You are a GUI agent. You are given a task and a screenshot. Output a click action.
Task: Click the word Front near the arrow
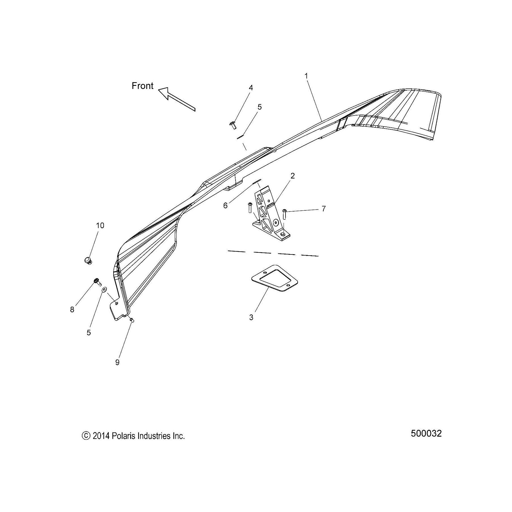pyautogui.click(x=142, y=86)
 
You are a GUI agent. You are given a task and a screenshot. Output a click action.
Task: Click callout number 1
pyautogui.click(x=306, y=76)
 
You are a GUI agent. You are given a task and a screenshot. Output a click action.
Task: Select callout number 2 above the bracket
pyautogui.click(x=293, y=176)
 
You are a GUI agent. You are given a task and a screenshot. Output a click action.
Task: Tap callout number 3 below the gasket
pyautogui.click(x=251, y=317)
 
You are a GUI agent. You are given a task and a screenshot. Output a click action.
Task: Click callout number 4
pyautogui.click(x=251, y=88)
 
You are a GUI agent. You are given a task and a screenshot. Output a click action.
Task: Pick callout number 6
pyautogui.click(x=225, y=206)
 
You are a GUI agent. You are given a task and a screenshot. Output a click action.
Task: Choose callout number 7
pyautogui.click(x=324, y=209)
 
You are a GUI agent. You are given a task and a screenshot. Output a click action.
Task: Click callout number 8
pyautogui.click(x=72, y=310)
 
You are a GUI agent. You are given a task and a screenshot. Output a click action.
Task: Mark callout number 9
pyautogui.click(x=117, y=362)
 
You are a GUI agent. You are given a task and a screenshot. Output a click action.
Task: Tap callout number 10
pyautogui.click(x=100, y=225)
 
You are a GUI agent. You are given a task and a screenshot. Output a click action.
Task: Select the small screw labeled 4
pyautogui.click(x=233, y=125)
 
